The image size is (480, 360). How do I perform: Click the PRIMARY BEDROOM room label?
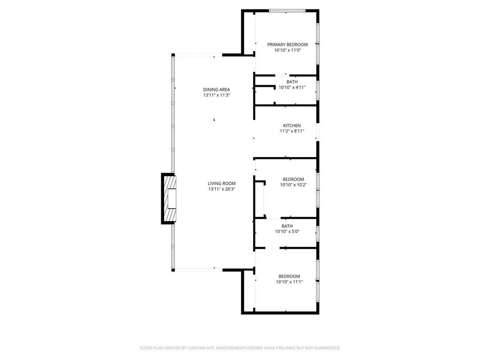pyautogui.click(x=287, y=45)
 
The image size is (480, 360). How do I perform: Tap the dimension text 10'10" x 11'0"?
pyautogui.click(x=287, y=50)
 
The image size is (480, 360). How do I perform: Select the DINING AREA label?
pyautogui.click(x=217, y=90)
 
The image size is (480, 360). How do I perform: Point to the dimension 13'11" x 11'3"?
pyautogui.click(x=217, y=95)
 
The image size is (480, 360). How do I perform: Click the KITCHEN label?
pyautogui.click(x=292, y=126)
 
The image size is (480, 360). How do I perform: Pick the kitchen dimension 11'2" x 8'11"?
pyautogui.click(x=292, y=131)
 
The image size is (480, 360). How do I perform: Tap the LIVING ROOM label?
pyautogui.click(x=222, y=183)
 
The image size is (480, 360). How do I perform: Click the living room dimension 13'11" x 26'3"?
pyautogui.click(x=222, y=189)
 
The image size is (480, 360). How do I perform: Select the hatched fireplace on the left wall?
pyautogui.click(x=170, y=199)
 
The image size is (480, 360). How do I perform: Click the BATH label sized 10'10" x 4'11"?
pyautogui.click(x=292, y=82)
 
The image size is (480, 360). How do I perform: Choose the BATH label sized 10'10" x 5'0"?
pyautogui.click(x=287, y=226)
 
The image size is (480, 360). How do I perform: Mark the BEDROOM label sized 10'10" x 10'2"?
pyautogui.click(x=293, y=179)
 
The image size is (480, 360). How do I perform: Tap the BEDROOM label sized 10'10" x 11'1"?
pyautogui.click(x=289, y=276)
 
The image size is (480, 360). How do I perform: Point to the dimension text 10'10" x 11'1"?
pyautogui.click(x=289, y=282)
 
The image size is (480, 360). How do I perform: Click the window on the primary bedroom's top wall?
pyautogui.click(x=287, y=10)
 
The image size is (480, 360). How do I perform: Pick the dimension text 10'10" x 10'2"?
pyautogui.click(x=293, y=185)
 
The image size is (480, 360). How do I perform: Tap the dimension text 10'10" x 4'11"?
pyautogui.click(x=292, y=87)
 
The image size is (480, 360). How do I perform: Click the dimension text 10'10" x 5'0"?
pyautogui.click(x=287, y=232)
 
